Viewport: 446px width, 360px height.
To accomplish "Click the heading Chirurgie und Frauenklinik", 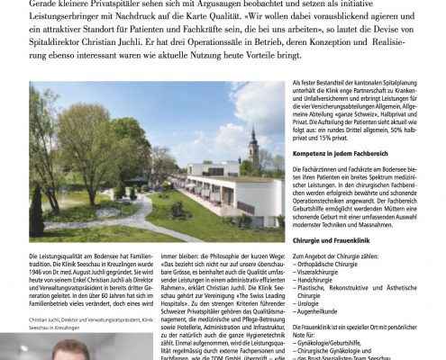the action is click(349, 292).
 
